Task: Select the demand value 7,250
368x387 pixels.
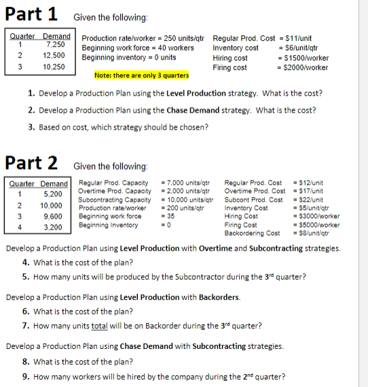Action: [x=57, y=43]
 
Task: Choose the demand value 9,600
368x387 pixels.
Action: [x=52, y=216]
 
